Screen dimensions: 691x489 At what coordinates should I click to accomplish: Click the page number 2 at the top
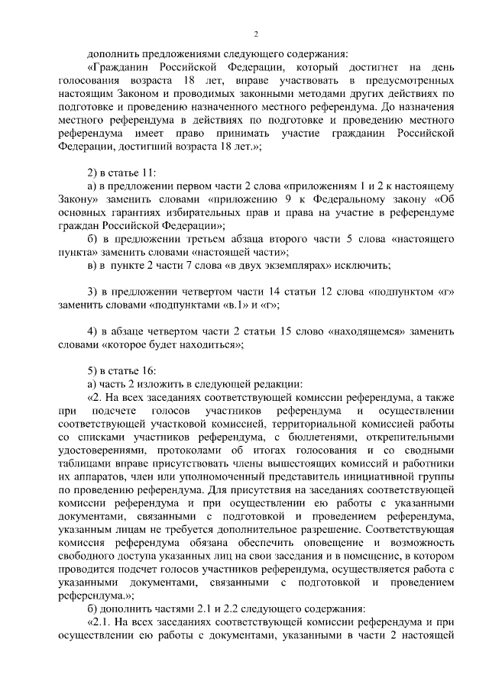(x=256, y=34)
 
